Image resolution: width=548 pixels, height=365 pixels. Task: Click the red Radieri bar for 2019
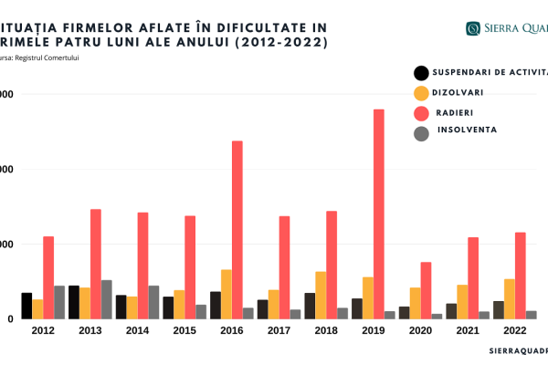tap(378, 214)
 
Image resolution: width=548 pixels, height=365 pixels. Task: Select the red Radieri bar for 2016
tap(237, 230)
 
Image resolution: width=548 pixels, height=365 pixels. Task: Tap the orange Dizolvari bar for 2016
tap(226, 294)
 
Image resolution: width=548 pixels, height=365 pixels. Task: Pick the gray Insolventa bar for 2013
tap(107, 299)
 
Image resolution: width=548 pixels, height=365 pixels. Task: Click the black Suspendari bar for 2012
tap(26, 306)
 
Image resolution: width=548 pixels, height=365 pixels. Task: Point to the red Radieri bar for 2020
tap(426, 290)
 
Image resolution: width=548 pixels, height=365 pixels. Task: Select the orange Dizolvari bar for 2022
tap(509, 298)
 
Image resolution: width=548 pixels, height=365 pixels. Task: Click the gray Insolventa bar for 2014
tap(154, 302)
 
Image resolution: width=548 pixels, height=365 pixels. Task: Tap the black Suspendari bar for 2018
tap(310, 306)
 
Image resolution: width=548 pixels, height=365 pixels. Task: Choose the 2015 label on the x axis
tap(185, 330)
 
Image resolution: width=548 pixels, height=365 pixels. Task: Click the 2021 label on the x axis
tap(468, 330)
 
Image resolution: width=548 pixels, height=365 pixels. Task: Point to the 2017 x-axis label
tap(279, 330)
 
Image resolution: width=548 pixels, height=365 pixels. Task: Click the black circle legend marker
tap(421, 73)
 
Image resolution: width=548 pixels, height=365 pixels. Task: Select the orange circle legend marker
tap(421, 93)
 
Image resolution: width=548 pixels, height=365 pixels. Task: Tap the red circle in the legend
tap(421, 113)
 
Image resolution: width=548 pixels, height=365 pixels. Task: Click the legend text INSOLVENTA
tap(466, 130)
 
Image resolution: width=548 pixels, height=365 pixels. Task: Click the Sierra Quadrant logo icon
tap(474, 28)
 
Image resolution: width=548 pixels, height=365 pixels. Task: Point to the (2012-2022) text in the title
tap(279, 43)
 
